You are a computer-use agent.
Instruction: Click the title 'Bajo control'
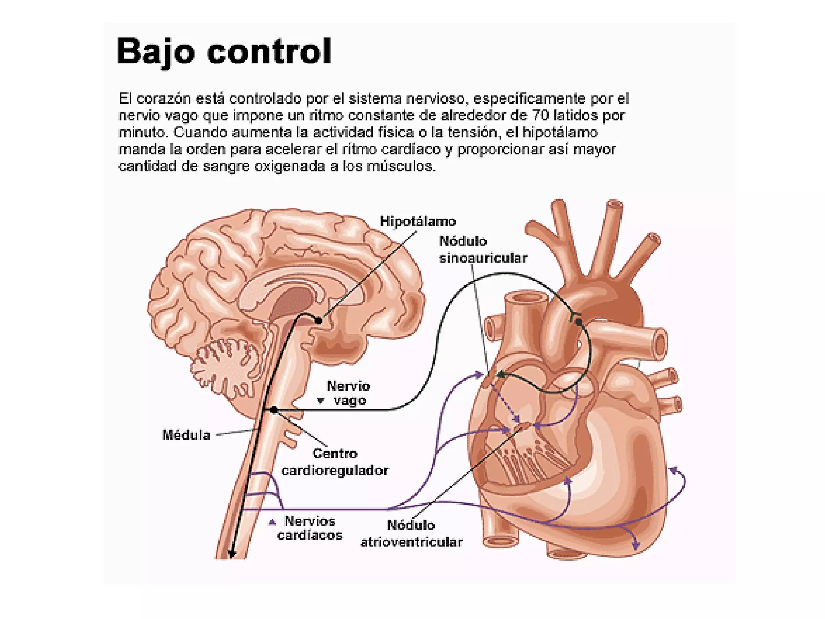(x=224, y=51)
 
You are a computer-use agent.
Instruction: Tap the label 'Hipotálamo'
(x=418, y=222)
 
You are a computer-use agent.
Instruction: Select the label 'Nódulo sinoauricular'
(x=483, y=249)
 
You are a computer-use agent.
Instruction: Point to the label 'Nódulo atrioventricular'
(x=411, y=534)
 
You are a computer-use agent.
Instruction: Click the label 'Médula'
(x=186, y=435)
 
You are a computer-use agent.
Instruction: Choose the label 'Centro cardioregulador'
(x=334, y=462)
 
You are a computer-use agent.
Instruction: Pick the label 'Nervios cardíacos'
(x=309, y=528)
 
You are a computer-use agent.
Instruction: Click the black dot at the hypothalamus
(x=319, y=321)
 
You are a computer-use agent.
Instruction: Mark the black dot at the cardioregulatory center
(x=274, y=410)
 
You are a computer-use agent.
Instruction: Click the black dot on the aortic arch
(x=578, y=322)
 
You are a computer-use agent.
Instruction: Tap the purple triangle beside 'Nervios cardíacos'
(x=272, y=522)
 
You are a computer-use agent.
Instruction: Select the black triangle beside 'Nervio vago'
(x=320, y=401)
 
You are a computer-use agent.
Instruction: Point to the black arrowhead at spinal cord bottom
(x=232, y=555)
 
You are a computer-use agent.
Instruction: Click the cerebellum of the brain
(x=226, y=363)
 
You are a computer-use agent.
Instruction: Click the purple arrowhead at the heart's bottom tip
(x=636, y=545)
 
